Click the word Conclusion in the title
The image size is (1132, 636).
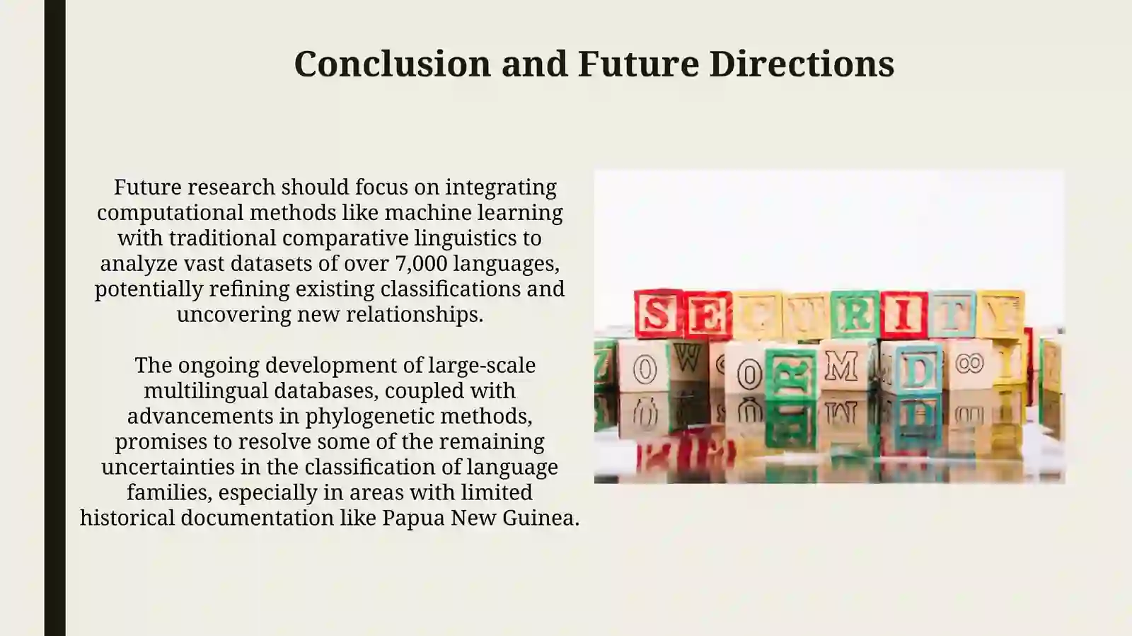click(x=392, y=64)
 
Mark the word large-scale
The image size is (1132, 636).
click(x=482, y=365)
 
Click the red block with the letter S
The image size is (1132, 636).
click(x=658, y=313)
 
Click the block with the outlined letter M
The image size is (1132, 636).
click(x=842, y=366)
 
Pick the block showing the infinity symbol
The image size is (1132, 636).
click(x=969, y=364)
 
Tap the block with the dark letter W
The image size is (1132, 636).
click(x=688, y=357)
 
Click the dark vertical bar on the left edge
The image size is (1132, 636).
click(x=54, y=318)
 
